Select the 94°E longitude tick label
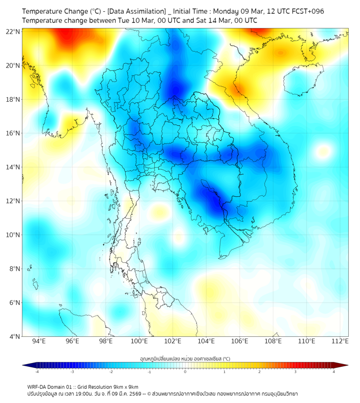click(x=39, y=341)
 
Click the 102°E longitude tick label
click(x=173, y=341)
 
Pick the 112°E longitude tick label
click(x=340, y=341)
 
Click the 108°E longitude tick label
click(x=273, y=341)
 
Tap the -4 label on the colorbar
click(x=36, y=372)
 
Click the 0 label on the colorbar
click(x=185, y=372)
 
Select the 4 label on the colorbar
click(x=333, y=372)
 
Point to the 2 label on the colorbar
click(x=259, y=372)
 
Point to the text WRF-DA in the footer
click(x=38, y=386)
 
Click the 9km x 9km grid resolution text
click(x=126, y=386)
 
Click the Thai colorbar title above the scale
click(x=185, y=358)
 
